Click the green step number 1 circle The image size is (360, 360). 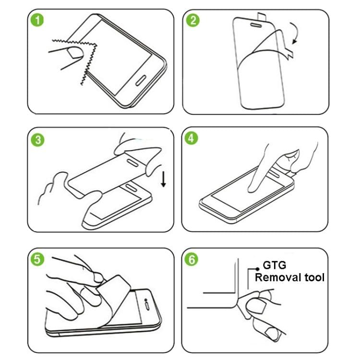(x=36, y=22)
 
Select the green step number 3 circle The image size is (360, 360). (x=36, y=140)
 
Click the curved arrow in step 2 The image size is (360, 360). (x=292, y=36)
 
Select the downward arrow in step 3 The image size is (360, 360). (x=164, y=180)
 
